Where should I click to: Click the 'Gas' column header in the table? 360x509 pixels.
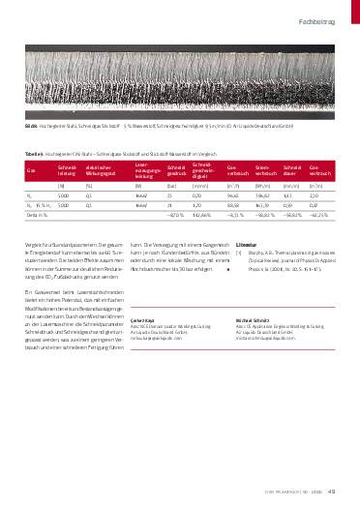pyautogui.click(x=30, y=169)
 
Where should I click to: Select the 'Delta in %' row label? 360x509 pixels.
pyautogui.click(x=37, y=215)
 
